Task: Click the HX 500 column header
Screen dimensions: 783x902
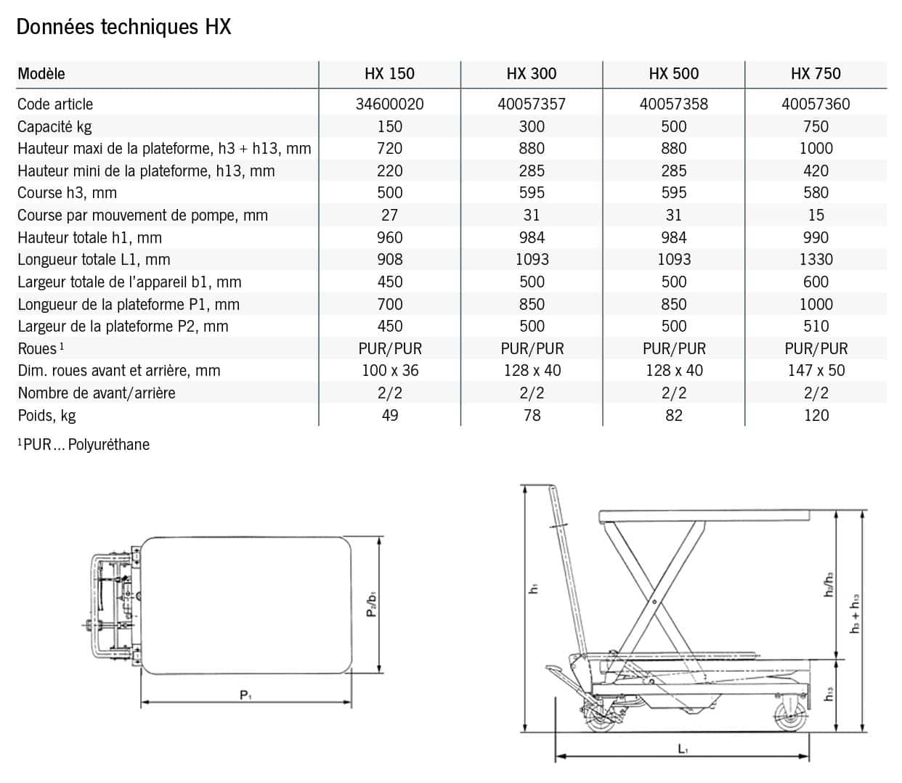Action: [x=673, y=73]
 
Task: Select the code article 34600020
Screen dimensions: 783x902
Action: [x=389, y=104]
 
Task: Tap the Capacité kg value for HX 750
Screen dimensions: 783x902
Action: [x=816, y=126]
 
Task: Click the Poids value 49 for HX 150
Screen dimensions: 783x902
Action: [x=389, y=415]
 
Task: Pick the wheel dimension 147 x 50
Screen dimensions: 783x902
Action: [x=816, y=371]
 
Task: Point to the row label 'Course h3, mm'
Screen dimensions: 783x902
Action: [x=67, y=193]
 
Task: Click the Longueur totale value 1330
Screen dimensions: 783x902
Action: [x=816, y=260]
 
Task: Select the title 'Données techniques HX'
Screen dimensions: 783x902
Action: [x=123, y=27]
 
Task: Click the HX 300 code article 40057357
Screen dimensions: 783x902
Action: [x=531, y=104]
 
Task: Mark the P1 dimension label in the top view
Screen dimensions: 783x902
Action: [x=245, y=694]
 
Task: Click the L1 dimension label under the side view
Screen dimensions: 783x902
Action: [x=683, y=748]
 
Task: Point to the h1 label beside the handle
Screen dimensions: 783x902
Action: [x=534, y=589]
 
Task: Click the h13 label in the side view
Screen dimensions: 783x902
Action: [x=828, y=693]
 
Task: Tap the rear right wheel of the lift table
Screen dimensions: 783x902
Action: [x=786, y=715]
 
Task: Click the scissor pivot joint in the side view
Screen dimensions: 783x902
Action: [x=653, y=602]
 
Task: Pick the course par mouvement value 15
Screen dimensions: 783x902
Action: [x=816, y=216]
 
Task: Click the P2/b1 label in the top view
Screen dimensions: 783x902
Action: [x=371, y=604]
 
